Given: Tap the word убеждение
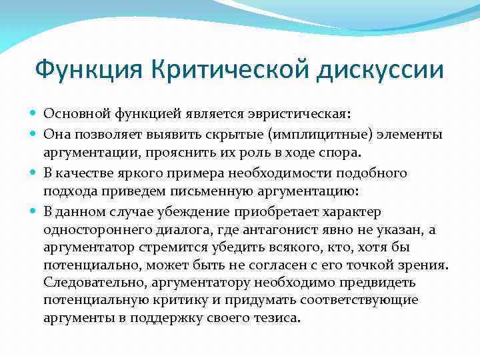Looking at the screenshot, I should click(x=197, y=212).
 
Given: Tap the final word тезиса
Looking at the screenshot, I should click(x=276, y=318).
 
